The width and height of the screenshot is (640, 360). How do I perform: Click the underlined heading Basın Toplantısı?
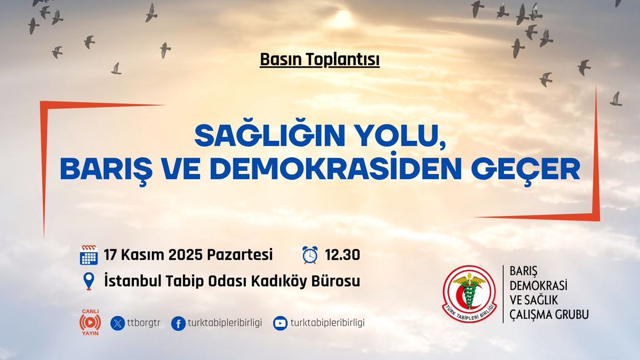click(x=319, y=60)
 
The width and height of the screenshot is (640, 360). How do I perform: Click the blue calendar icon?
click(x=89, y=255)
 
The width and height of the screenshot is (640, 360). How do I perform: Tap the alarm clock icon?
click(x=309, y=255)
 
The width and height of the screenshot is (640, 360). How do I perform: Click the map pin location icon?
click(x=89, y=281)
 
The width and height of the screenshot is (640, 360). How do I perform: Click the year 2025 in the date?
click(x=183, y=255)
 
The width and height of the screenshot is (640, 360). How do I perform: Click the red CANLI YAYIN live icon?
click(x=90, y=323)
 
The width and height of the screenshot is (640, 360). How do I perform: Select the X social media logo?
click(x=117, y=323)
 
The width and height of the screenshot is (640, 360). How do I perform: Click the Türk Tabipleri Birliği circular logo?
click(x=469, y=294)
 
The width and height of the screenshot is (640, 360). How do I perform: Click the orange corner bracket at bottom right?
click(x=592, y=213)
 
